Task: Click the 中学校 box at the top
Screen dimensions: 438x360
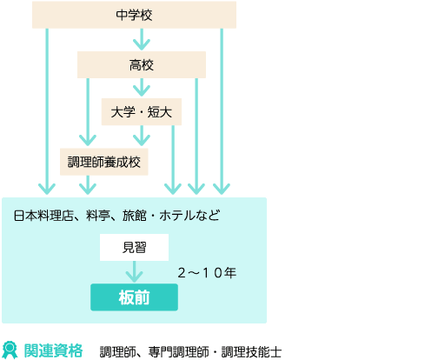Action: pyautogui.click(x=134, y=15)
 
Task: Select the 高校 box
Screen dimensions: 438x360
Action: pyautogui.click(x=142, y=65)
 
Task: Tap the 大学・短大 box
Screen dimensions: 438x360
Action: pyautogui.click(x=142, y=112)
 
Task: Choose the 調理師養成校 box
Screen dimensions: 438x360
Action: pyautogui.click(x=104, y=162)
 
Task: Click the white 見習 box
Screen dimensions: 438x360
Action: pyautogui.click(x=134, y=247)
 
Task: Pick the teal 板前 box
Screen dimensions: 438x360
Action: pyautogui.click(x=134, y=297)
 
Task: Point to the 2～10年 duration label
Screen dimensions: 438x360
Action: pyautogui.click(x=207, y=273)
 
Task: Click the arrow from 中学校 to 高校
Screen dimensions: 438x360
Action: pyautogui.click(x=142, y=39)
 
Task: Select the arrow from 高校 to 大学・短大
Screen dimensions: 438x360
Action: pyautogui.click(x=142, y=87)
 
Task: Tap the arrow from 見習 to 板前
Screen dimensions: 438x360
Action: pyautogui.click(x=134, y=271)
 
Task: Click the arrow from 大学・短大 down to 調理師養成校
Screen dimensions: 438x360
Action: pyautogui.click(x=142, y=136)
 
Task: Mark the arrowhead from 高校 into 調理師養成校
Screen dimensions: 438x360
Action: pyautogui.click(x=88, y=141)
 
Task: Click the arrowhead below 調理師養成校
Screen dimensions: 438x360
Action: pyautogui.click(x=88, y=189)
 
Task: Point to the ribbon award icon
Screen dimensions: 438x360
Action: pyautogui.click(x=10, y=350)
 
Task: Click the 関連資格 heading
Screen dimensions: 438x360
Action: pyautogui.click(x=54, y=350)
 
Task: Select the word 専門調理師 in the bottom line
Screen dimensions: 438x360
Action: pyautogui.click(x=178, y=352)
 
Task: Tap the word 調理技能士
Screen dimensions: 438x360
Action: pyautogui.click(x=251, y=352)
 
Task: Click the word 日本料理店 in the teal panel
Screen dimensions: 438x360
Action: pyautogui.click(x=43, y=216)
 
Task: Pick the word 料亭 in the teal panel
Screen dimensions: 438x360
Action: pyautogui.click(x=98, y=216)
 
